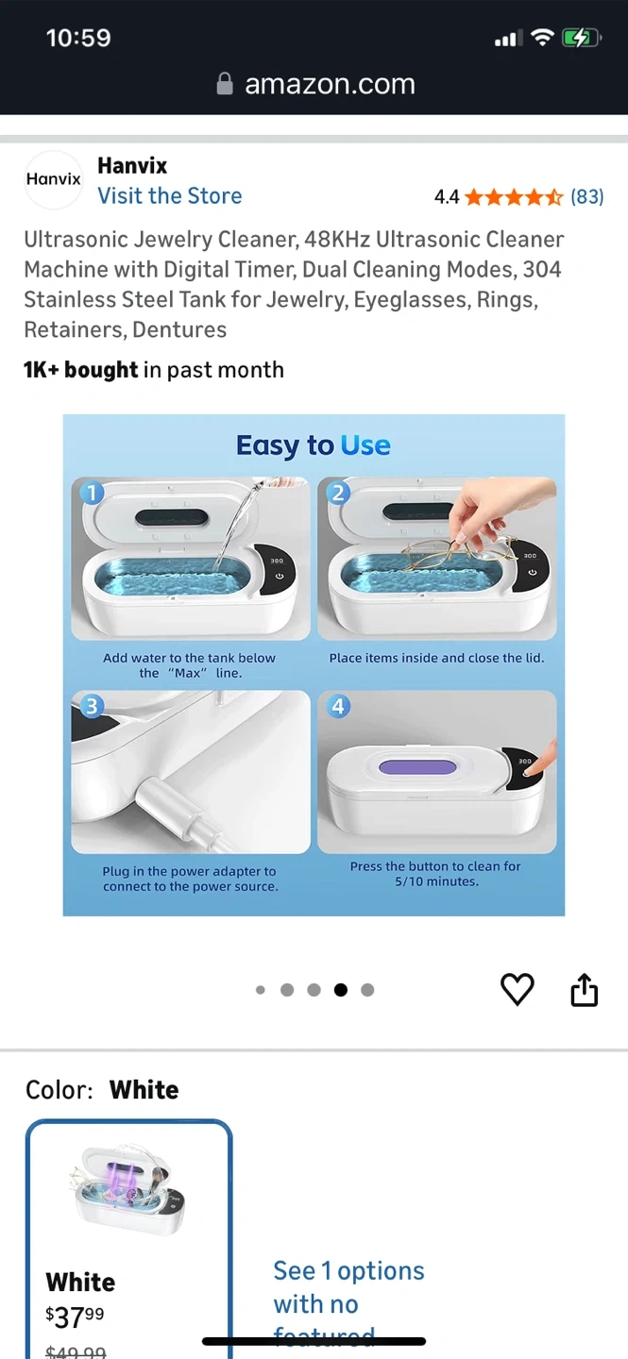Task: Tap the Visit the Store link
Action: click(x=169, y=196)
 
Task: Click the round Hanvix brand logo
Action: click(x=54, y=179)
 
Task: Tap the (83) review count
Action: click(x=586, y=196)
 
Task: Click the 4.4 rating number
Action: click(x=447, y=196)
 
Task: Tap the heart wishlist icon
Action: click(x=517, y=989)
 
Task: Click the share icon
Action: click(x=585, y=989)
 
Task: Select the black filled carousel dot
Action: click(x=341, y=990)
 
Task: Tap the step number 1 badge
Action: click(x=92, y=493)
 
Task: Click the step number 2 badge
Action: click(x=338, y=493)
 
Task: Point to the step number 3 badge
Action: click(x=92, y=706)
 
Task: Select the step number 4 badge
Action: click(x=338, y=706)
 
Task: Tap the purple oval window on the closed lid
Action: click(x=417, y=767)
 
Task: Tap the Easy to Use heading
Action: click(x=314, y=445)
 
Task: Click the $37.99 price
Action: click(x=75, y=1317)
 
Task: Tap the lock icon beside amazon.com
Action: click(x=225, y=84)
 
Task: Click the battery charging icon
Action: click(x=581, y=38)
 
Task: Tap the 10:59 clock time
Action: click(x=78, y=38)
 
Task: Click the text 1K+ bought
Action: click(x=81, y=370)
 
